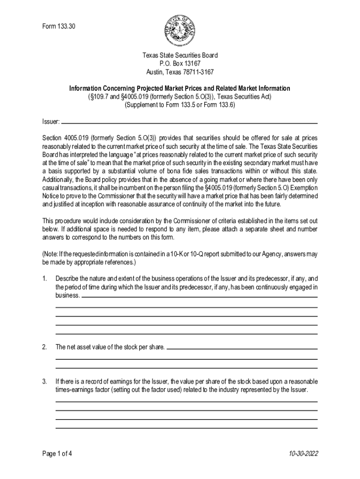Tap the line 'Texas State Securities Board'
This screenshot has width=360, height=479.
click(x=180, y=55)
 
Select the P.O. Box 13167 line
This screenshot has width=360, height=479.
click(x=180, y=64)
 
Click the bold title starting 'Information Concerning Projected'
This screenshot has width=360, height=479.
click(x=180, y=88)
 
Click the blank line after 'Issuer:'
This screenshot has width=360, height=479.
click(x=189, y=122)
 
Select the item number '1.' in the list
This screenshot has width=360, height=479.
click(x=45, y=279)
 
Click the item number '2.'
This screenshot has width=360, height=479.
click(x=45, y=347)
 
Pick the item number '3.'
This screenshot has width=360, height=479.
click(x=45, y=382)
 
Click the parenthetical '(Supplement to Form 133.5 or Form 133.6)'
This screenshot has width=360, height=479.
click(x=180, y=105)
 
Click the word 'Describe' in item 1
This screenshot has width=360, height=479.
click(x=67, y=279)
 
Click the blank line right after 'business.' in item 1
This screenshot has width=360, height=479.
click(x=200, y=297)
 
